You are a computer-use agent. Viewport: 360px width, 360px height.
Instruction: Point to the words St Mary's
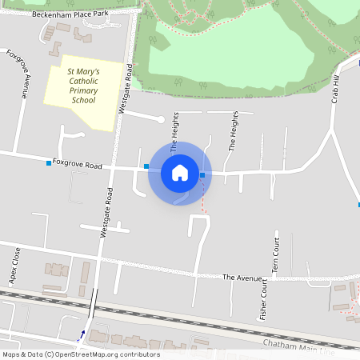(x=83, y=71)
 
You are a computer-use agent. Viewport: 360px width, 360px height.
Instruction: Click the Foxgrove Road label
(x=78, y=164)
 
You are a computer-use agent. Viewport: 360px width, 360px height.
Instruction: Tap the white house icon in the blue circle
(x=180, y=173)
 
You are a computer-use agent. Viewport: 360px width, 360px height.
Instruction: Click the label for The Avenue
(x=242, y=278)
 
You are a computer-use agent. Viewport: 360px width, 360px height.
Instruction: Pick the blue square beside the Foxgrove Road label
(x=49, y=163)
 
